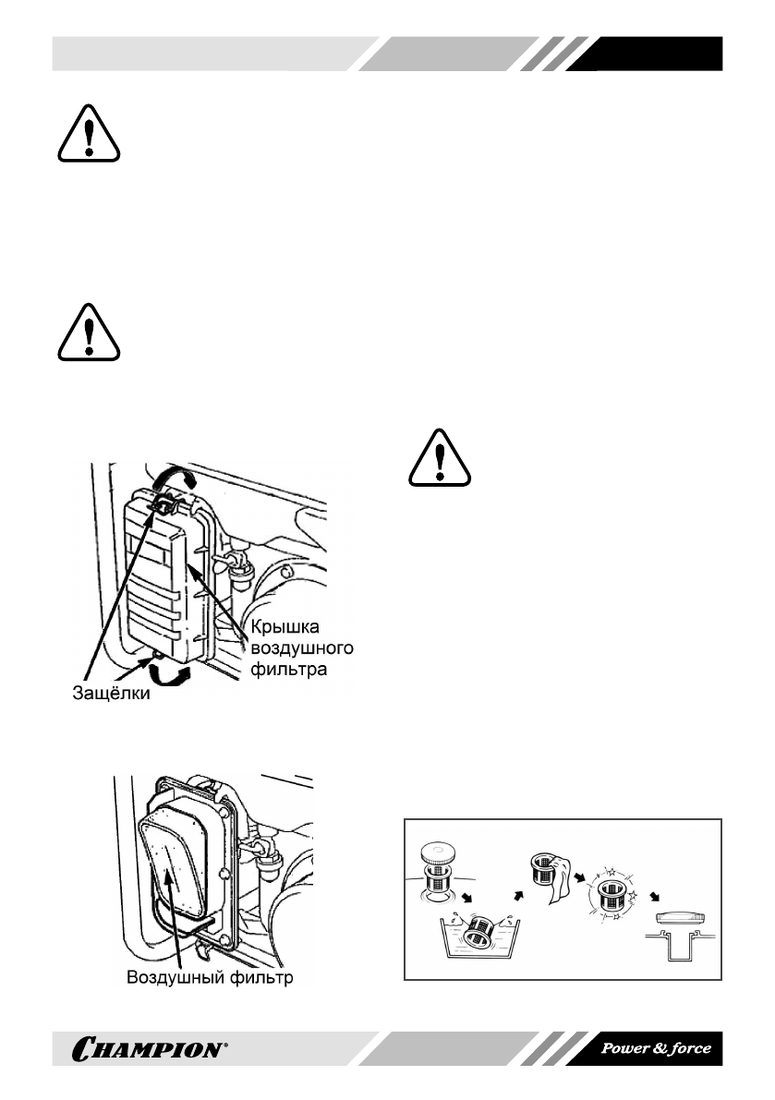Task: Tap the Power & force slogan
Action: coord(656,1048)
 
